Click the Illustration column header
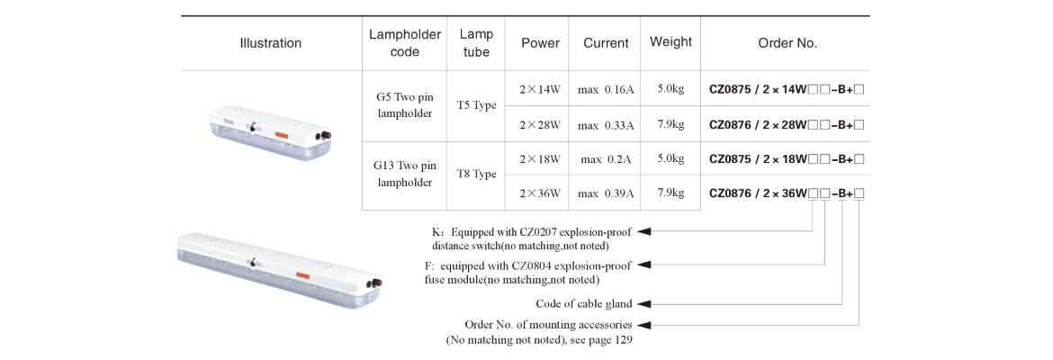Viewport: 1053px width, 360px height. [x=270, y=43]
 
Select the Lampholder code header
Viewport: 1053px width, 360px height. [x=405, y=43]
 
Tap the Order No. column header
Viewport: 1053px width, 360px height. [x=787, y=43]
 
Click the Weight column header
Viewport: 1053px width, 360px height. [x=670, y=42]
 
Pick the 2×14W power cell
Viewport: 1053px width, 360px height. [x=540, y=89]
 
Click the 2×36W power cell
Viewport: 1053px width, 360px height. [x=540, y=193]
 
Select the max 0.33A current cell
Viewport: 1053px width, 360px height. [x=606, y=124]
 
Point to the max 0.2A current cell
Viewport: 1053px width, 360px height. [x=606, y=159]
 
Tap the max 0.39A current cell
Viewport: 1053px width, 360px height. [x=606, y=193]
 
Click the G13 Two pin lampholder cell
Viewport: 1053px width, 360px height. [x=405, y=175]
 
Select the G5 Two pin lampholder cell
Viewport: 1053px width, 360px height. [x=405, y=105]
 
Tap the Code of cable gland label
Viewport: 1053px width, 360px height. [x=583, y=303]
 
